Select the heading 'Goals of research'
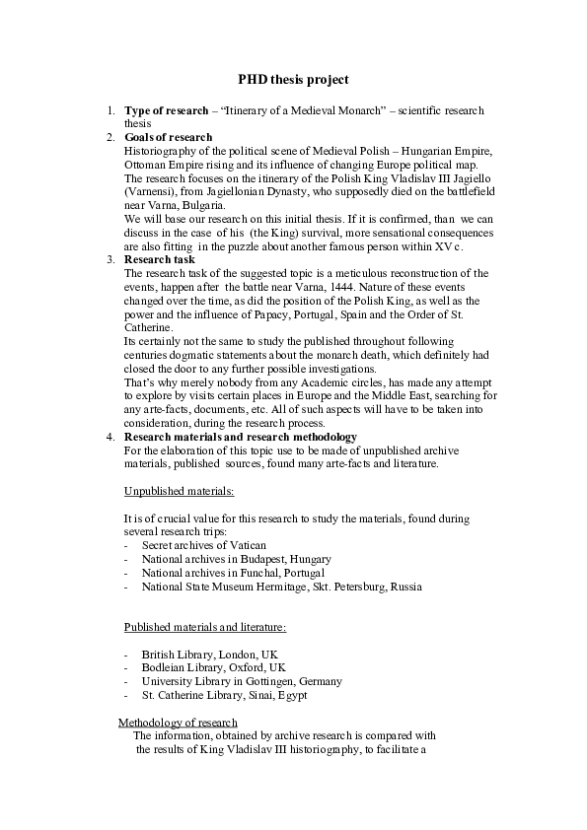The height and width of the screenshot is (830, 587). click(x=168, y=137)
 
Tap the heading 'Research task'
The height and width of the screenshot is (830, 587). click(x=160, y=259)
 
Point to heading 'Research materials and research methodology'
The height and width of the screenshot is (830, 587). click(x=240, y=436)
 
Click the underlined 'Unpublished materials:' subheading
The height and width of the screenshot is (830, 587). click(x=179, y=490)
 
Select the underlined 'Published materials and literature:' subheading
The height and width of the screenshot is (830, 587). click(x=204, y=627)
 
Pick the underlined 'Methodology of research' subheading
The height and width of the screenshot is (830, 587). click(x=178, y=722)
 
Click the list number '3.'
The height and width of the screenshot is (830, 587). click(x=110, y=259)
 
